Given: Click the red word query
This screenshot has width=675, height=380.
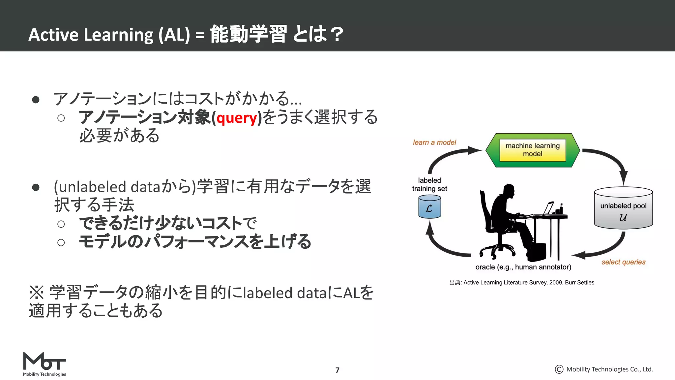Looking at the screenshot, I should [237, 118].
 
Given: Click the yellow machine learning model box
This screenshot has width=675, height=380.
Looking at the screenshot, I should [532, 150].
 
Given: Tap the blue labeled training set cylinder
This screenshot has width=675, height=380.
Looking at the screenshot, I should [429, 207].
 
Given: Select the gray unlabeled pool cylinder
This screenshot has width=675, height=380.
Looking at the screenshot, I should [623, 208].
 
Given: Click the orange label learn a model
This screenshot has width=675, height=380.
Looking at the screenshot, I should [434, 142].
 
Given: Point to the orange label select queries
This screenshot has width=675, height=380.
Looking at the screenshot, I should [623, 262].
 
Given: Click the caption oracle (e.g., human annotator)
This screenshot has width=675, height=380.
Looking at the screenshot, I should [523, 267].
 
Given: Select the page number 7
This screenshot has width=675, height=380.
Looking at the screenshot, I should [337, 370].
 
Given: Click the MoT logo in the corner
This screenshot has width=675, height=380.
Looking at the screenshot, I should [44, 364].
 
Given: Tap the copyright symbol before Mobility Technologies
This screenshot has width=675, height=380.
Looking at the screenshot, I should [559, 369].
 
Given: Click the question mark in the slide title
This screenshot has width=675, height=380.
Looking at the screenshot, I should [337, 35].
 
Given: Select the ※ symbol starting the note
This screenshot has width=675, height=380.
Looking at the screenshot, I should [37, 292].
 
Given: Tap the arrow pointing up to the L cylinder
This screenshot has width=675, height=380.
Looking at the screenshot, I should [438, 241].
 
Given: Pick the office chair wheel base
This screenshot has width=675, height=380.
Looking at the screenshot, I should [497, 249].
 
